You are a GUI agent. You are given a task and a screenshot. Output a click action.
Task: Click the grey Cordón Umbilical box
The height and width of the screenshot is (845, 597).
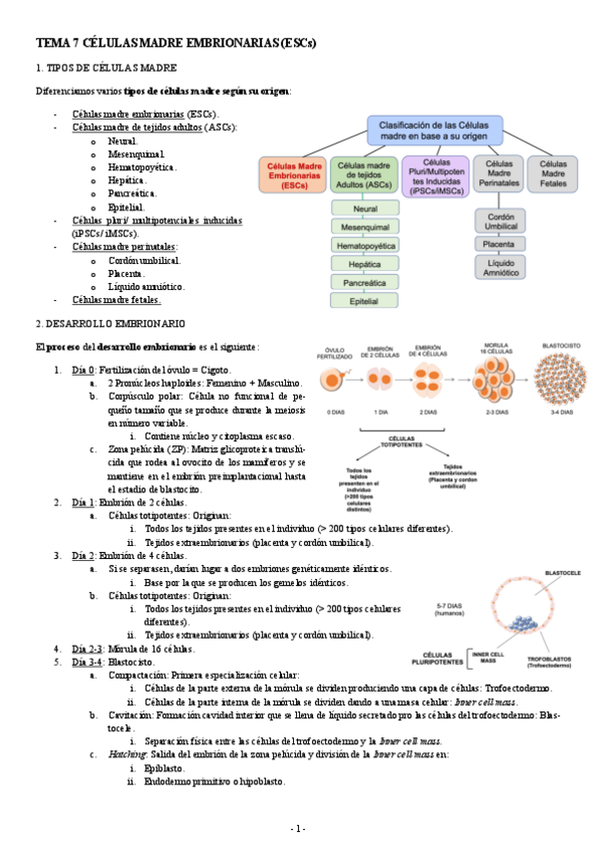(x=499, y=220)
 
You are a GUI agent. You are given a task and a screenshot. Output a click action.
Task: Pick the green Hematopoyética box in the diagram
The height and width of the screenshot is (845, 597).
(x=365, y=244)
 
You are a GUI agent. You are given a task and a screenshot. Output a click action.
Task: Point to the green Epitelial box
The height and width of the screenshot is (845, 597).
(x=365, y=299)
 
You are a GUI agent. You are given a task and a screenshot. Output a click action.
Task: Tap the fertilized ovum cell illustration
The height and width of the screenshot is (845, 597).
(x=334, y=380)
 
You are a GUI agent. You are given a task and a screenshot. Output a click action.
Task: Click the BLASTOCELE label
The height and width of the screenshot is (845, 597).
(x=549, y=574)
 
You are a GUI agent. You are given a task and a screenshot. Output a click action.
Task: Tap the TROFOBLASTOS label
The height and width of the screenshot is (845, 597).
(x=550, y=660)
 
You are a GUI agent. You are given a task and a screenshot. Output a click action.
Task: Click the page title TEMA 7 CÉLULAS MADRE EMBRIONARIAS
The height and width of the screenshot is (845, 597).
(x=175, y=44)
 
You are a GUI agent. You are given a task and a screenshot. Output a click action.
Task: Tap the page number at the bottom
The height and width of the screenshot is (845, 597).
(x=298, y=828)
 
